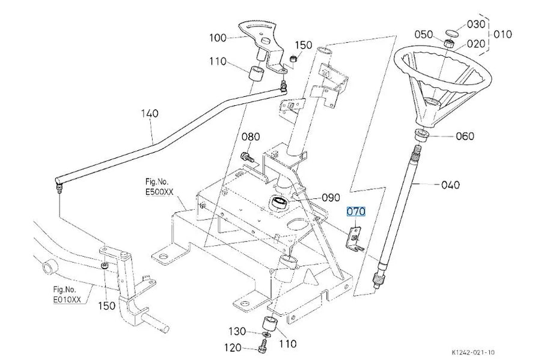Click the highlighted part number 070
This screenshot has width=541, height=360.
tap(356, 211)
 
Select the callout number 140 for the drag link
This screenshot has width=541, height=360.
tap(150, 113)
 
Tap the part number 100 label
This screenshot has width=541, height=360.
tap(218, 38)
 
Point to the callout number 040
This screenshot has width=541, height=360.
tap(451, 185)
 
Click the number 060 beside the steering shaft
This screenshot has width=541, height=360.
tap(465, 136)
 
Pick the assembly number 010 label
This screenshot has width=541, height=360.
tap(503, 34)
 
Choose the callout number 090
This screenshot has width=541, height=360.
tap(331, 198)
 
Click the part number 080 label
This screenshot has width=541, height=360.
tap(251, 136)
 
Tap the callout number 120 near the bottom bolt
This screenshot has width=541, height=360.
tap(233, 347)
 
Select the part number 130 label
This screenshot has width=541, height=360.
tap(237, 331)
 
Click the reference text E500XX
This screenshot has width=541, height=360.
tap(159, 192)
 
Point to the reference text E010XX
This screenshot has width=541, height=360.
tap(67, 299)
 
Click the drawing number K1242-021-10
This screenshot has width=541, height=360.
tap(473, 352)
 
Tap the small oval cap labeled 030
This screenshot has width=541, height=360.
tap(451, 33)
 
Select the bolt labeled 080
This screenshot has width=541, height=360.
tap(248, 157)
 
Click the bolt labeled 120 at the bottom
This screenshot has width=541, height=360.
tap(262, 346)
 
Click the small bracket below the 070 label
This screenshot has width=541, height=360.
tap(354, 238)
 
